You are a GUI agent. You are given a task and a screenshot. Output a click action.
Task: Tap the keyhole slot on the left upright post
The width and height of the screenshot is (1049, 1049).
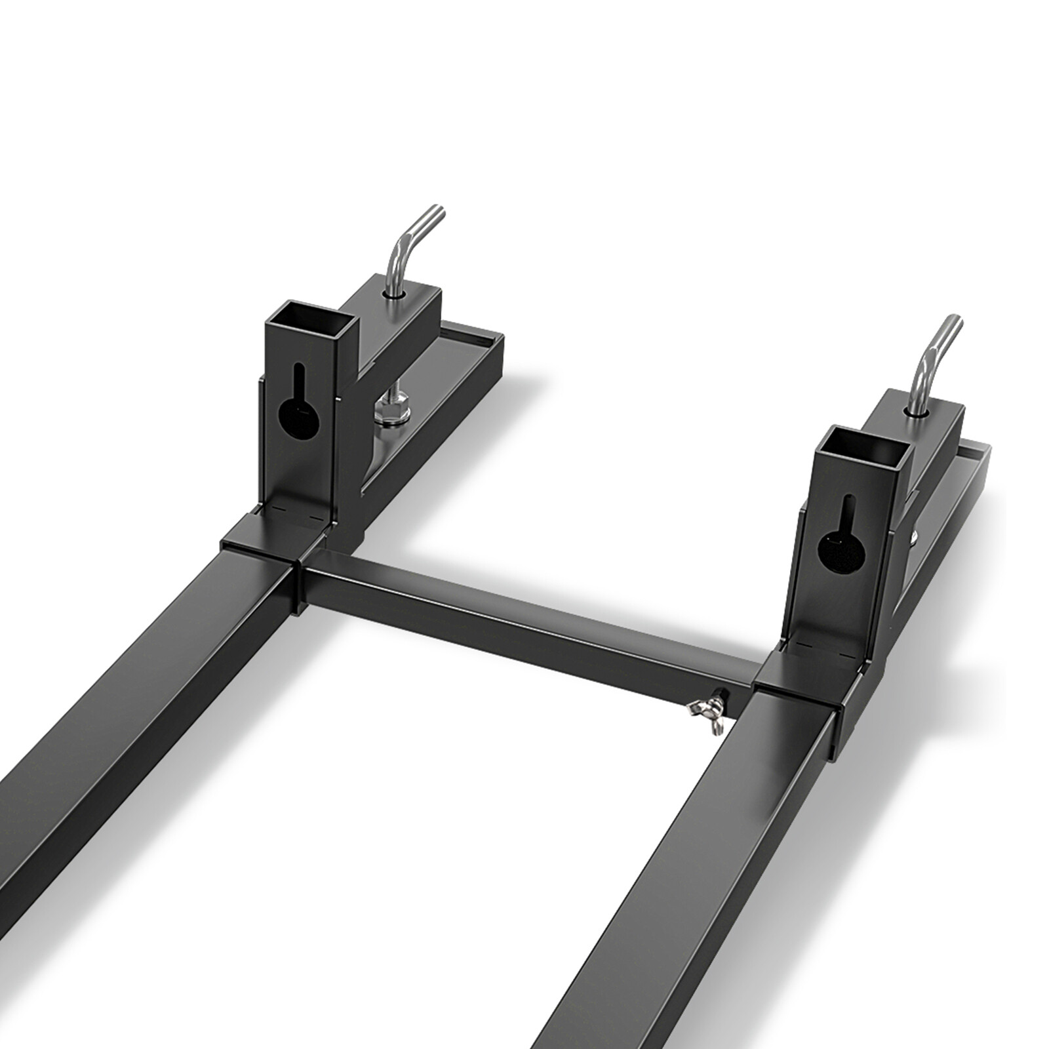pos(298,406)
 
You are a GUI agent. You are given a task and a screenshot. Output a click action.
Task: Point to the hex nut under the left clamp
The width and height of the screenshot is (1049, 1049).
pos(389,412)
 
